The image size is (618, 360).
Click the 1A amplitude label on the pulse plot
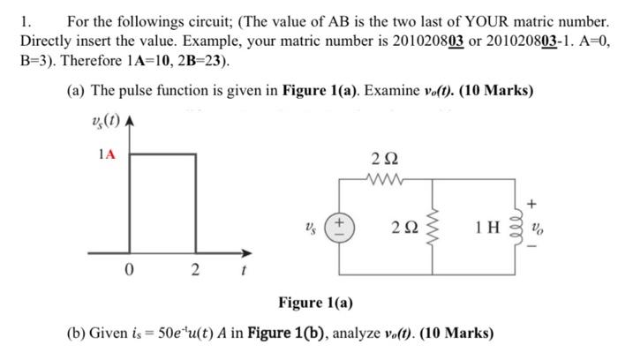[106, 154]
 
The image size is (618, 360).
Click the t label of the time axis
[233, 270]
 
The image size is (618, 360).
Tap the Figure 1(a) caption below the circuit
[315, 304]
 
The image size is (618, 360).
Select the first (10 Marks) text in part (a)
[490, 92]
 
